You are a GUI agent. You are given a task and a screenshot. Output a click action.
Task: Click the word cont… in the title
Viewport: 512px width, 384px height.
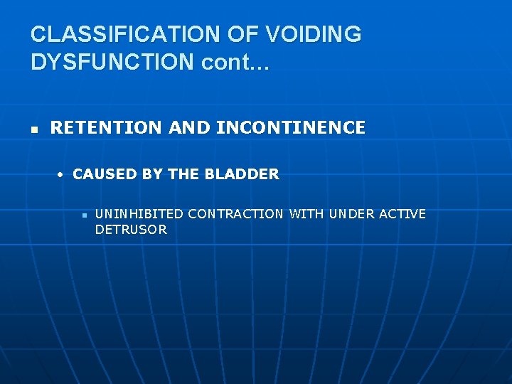235,62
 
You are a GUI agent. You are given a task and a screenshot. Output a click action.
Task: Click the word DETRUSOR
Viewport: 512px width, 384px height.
131,230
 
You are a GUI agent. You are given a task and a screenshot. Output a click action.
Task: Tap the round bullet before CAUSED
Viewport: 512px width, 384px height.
62,175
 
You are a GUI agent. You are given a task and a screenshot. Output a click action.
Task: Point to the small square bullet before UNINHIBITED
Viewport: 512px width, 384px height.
84,215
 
